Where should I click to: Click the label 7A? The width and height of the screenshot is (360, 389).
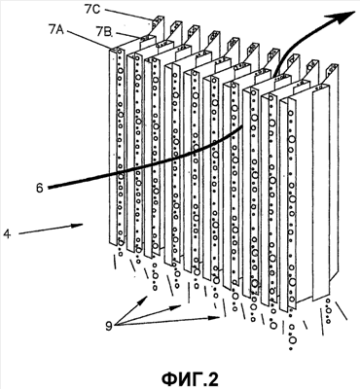[57, 30]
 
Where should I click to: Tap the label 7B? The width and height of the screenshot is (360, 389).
[104, 32]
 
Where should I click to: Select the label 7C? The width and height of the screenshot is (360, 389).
[92, 9]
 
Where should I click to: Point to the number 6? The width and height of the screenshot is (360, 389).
[40, 189]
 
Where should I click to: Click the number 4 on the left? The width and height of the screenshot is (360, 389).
[7, 233]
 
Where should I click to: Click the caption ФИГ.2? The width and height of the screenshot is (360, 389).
[191, 378]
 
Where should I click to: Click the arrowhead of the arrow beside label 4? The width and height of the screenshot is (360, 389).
[78, 226]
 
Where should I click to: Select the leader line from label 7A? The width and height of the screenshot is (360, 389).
[88, 40]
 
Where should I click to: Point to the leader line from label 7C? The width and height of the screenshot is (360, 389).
[128, 15]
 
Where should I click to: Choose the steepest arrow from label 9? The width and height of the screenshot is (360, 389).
[131, 310]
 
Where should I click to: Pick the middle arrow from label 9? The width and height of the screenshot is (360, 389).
[148, 314]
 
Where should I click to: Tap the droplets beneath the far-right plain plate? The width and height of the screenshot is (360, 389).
[329, 311]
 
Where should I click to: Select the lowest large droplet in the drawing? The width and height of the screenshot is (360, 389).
[293, 340]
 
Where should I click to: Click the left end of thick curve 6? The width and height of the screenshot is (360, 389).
[49, 187]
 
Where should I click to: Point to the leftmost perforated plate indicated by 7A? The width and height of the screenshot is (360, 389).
[116, 146]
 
